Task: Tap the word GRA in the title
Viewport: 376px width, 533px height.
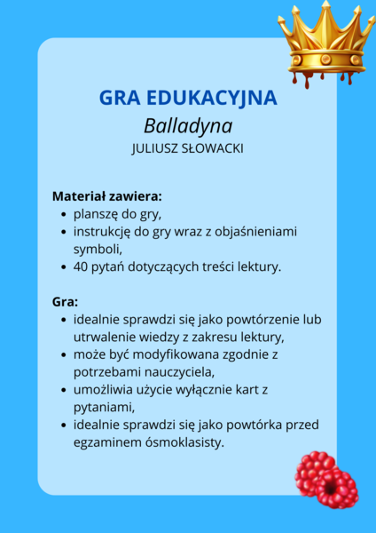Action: click(121, 97)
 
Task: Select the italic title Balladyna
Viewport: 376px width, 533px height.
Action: click(187, 124)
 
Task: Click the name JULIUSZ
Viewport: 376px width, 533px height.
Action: click(158, 148)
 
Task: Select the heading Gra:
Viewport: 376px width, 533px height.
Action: click(65, 301)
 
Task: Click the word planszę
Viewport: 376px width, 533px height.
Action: click(98, 214)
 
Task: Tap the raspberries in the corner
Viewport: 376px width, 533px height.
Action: click(325, 479)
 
